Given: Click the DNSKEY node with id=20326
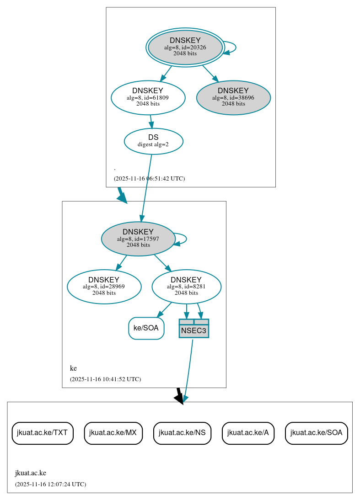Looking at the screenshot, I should coord(185,47).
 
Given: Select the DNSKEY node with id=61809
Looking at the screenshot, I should coord(148,97).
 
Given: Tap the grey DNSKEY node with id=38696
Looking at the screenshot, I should coord(233,97).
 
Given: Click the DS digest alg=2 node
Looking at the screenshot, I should coord(153,141).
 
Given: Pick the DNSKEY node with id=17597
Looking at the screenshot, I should coord(138,239).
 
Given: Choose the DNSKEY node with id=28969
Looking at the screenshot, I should coord(104,287).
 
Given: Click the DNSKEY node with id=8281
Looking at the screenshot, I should coord(186,287).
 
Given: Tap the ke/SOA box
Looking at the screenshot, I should coord(146,328).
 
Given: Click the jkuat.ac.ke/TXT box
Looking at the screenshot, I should coord(43,433).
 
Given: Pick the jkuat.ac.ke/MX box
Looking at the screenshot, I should coord(113,433).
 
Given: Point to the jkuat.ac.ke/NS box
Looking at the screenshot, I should coord(182,433).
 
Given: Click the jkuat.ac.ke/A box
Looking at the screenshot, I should coord(248,433).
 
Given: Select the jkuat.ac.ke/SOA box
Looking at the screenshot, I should coord(316,433).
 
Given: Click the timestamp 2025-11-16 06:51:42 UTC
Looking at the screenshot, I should coord(149,179).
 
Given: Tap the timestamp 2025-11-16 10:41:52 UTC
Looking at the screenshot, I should coord(105,379).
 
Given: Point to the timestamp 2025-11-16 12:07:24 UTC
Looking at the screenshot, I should coord(50,484).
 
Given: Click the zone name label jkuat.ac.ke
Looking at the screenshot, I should coord(31,473).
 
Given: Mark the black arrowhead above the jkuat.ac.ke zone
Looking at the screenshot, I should coord(179,398).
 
